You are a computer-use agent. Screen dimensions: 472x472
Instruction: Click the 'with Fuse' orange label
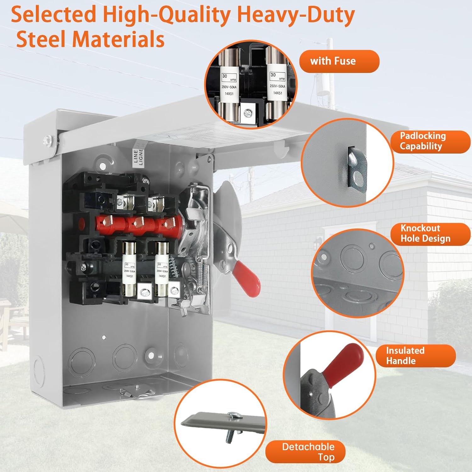(x=339, y=61)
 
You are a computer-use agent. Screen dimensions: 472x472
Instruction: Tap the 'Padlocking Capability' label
(x=430, y=142)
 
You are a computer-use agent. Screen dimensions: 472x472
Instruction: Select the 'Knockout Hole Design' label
(x=430, y=234)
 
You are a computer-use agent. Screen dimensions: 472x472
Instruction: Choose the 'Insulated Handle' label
(x=415, y=356)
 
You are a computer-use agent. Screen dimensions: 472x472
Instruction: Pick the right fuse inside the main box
(x=162, y=269)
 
